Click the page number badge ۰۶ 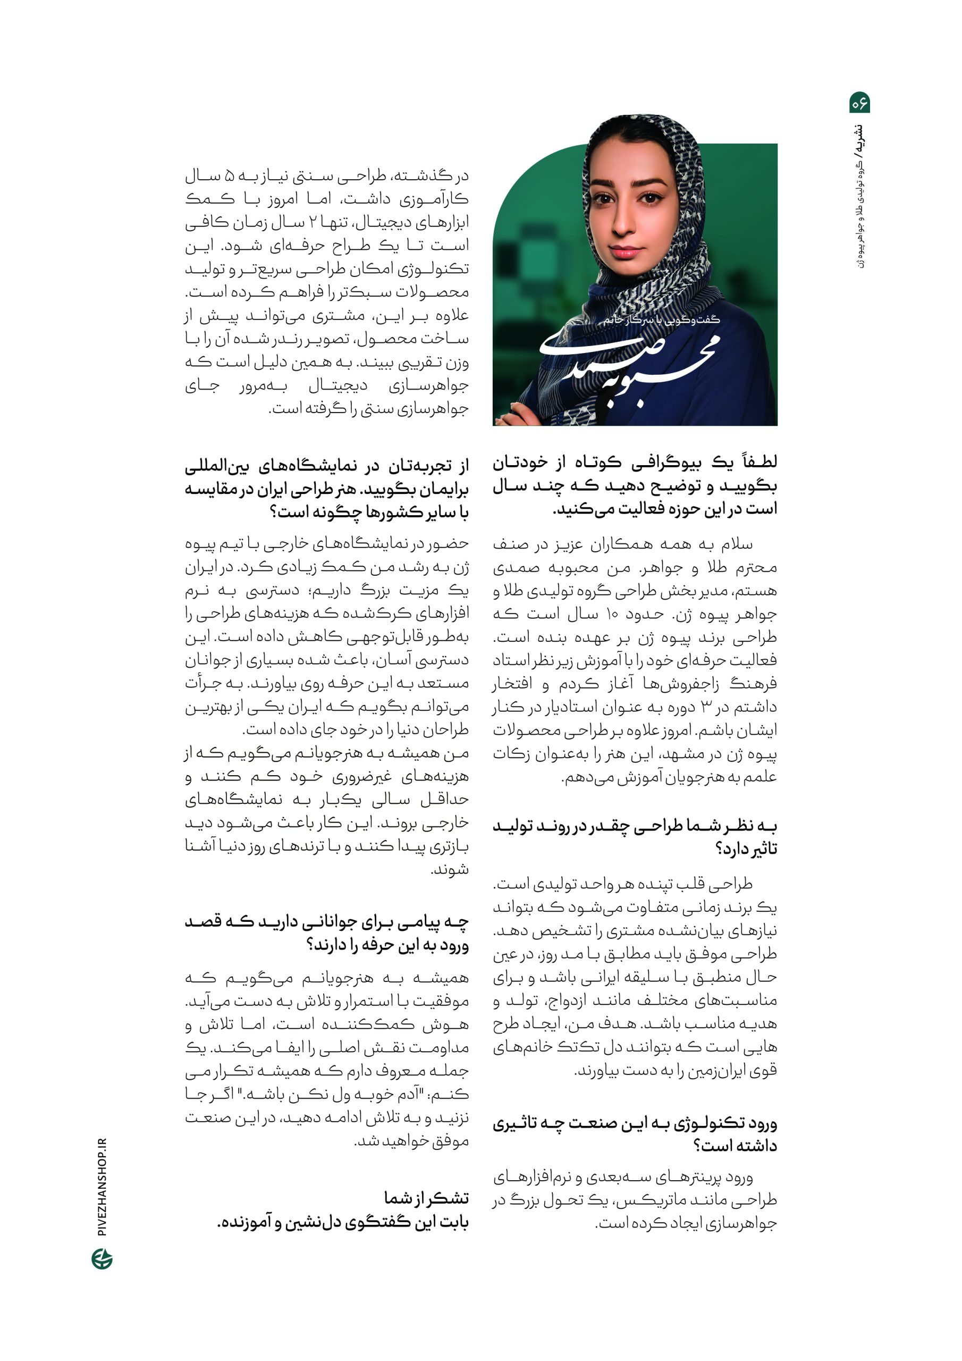click(859, 103)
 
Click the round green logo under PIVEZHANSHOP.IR click(102, 1258)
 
